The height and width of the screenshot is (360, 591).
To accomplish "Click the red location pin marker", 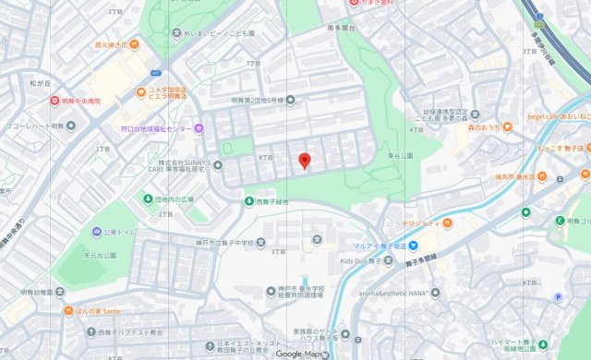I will click(x=305, y=162).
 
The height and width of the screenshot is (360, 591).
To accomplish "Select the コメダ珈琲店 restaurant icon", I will click(x=140, y=91).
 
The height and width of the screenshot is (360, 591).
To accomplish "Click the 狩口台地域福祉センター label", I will click(x=167, y=128).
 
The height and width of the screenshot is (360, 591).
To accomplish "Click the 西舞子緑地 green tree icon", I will click(x=248, y=201).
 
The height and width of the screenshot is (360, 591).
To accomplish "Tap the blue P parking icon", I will click(x=557, y=296).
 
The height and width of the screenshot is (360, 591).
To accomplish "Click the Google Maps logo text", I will click(x=301, y=353).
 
